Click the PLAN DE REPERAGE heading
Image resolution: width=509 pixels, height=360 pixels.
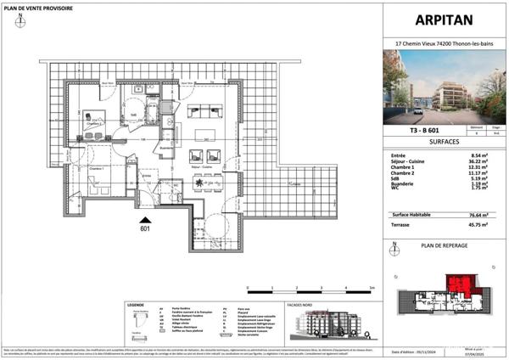(x=444, y=245)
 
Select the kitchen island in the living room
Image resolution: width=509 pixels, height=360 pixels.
(x=203, y=138)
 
